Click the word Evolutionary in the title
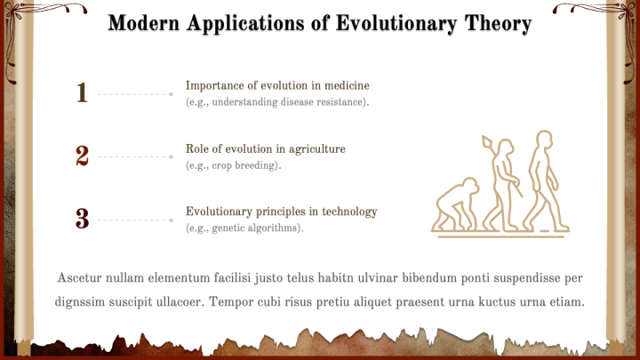(x=396, y=23)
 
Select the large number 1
(x=82, y=92)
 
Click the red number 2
(x=82, y=156)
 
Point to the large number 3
(x=82, y=219)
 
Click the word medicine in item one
(x=347, y=85)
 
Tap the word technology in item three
(x=349, y=212)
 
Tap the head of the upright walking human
(x=545, y=140)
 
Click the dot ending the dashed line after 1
(x=172, y=94)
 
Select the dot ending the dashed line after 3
(x=172, y=220)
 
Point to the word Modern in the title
(x=144, y=23)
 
